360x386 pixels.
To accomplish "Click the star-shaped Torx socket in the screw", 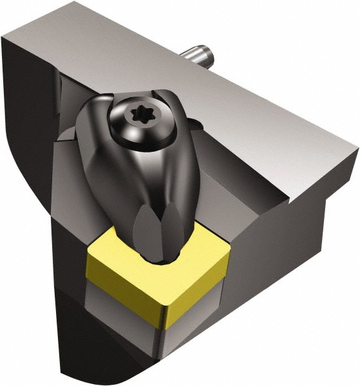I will (140, 120).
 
